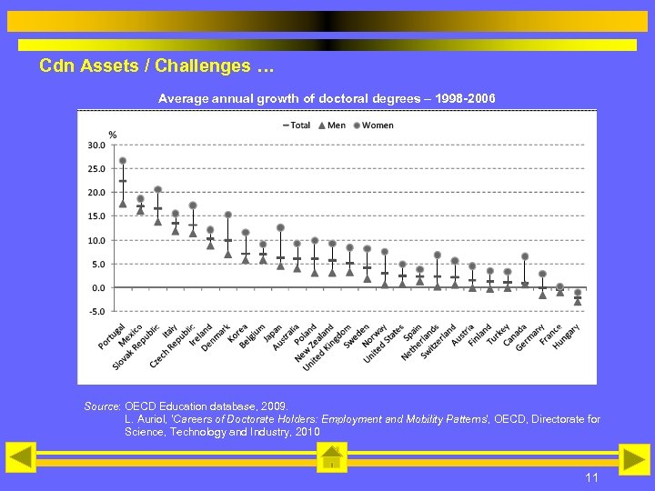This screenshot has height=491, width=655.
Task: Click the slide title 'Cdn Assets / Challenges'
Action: pos(156,66)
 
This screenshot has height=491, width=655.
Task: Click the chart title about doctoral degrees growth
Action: pos(327,96)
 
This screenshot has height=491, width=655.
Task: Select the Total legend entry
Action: pos(297,125)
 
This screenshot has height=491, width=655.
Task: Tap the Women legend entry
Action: pos(373,125)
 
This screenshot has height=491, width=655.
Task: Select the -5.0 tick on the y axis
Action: pos(96,311)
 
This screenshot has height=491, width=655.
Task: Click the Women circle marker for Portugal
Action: pos(123,161)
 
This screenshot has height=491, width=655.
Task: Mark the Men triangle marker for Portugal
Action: pos(123,203)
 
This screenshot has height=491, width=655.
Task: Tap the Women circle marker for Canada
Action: pos(525,256)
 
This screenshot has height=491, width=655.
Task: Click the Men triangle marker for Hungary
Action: pos(578,301)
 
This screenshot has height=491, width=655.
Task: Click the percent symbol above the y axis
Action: pos(113,134)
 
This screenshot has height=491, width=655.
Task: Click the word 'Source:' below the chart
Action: pos(103,406)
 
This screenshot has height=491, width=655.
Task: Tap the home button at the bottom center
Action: pos(332,457)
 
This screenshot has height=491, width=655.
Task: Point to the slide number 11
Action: pos(591,478)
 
